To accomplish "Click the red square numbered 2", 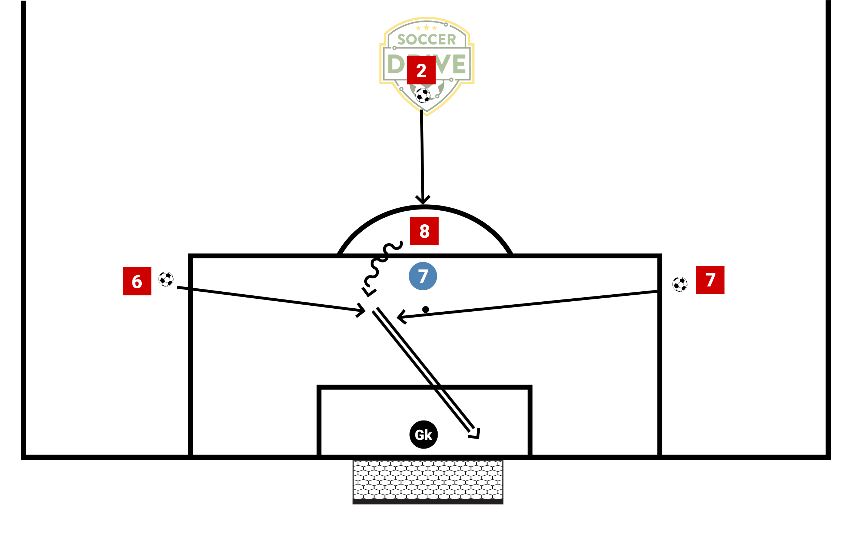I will tap(421, 70).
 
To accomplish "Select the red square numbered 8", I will tap(424, 231).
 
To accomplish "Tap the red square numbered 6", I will tap(137, 281).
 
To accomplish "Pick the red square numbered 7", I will tap(710, 280).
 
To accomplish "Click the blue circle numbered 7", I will tap(423, 276).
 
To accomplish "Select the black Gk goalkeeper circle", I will tap(424, 435).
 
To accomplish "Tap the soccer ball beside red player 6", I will tap(166, 279).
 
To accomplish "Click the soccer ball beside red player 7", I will tap(680, 284).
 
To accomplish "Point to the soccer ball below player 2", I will tap(423, 95).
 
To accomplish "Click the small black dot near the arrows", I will tap(426, 309).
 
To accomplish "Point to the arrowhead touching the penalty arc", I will tap(423, 200).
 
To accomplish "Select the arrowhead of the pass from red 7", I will tap(401, 317).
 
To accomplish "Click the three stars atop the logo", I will tap(426, 28).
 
